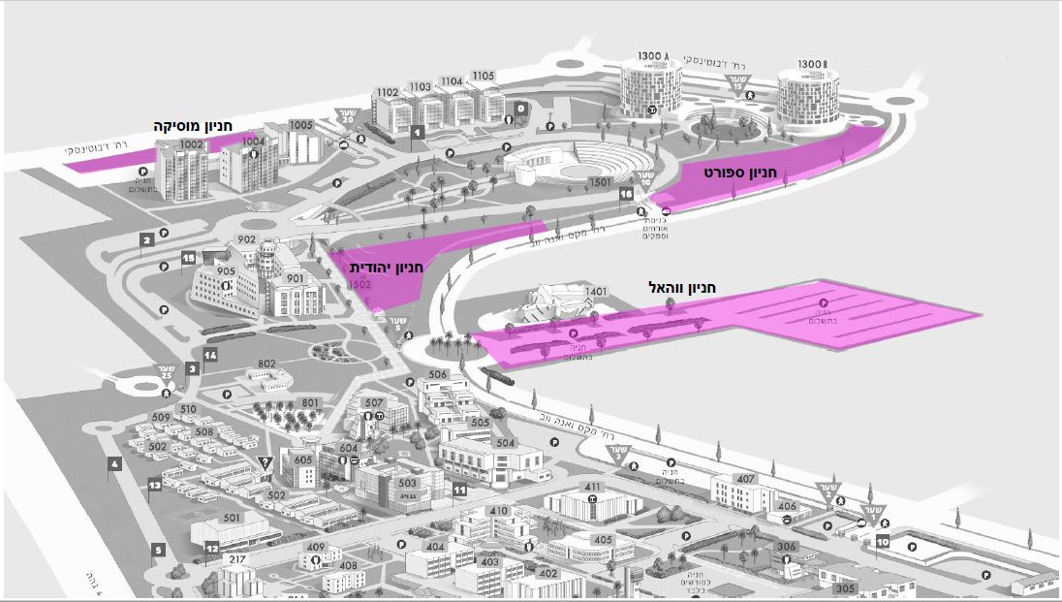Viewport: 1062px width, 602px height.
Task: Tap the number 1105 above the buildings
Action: (484, 76)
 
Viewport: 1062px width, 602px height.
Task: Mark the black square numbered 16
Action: (626, 194)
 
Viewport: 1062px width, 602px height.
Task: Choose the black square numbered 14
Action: (210, 356)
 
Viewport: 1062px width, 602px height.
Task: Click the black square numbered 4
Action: (115, 464)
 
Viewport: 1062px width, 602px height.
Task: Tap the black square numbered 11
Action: (460, 491)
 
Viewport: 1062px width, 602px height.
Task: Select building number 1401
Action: (595, 291)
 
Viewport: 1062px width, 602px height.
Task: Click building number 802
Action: (267, 364)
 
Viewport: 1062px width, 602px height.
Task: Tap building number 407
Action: (745, 479)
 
